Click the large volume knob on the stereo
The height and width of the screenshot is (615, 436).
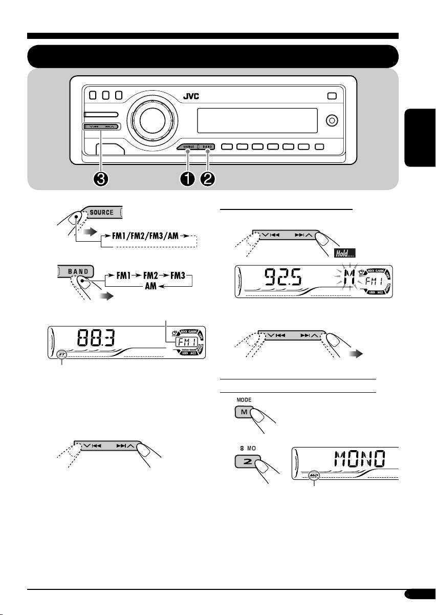click(x=148, y=120)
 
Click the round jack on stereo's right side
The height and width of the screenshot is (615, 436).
click(x=331, y=120)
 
